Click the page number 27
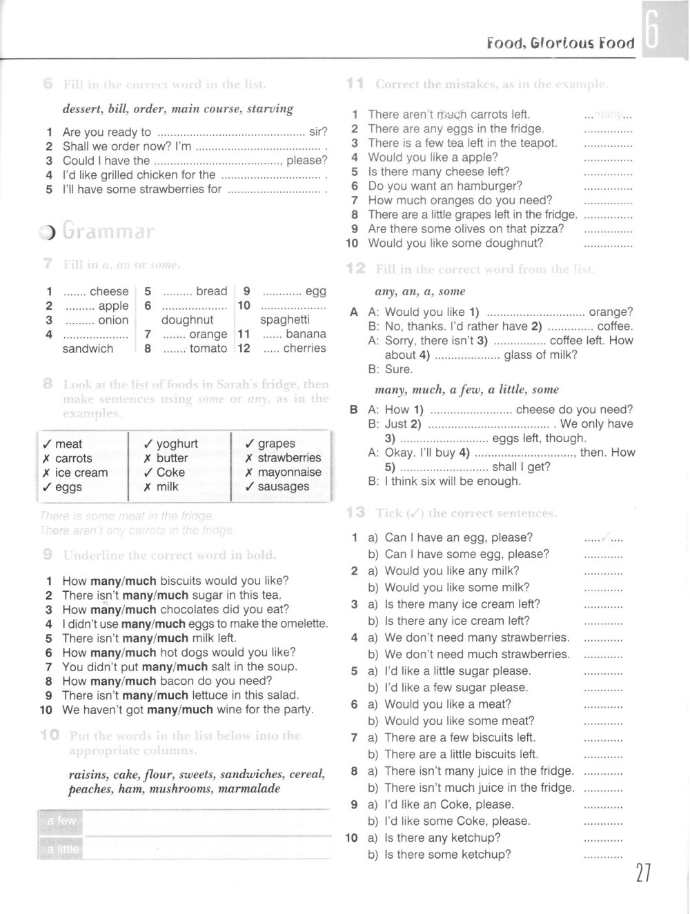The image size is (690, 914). [x=642, y=873]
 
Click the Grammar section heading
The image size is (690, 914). [x=108, y=231]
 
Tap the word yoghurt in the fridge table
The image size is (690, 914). [x=177, y=444]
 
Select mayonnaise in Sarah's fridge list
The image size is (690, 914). [x=289, y=473]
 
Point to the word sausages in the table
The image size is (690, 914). [x=284, y=487]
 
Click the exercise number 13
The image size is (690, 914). [x=355, y=513]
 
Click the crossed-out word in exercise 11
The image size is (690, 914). [x=452, y=114]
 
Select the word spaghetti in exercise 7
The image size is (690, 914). [x=284, y=320]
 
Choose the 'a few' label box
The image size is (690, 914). [x=61, y=821]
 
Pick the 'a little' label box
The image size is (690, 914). [x=63, y=849]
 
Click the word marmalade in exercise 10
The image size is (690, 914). [x=249, y=788]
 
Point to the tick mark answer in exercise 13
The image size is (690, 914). [x=605, y=537]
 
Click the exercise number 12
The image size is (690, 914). [x=355, y=269]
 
